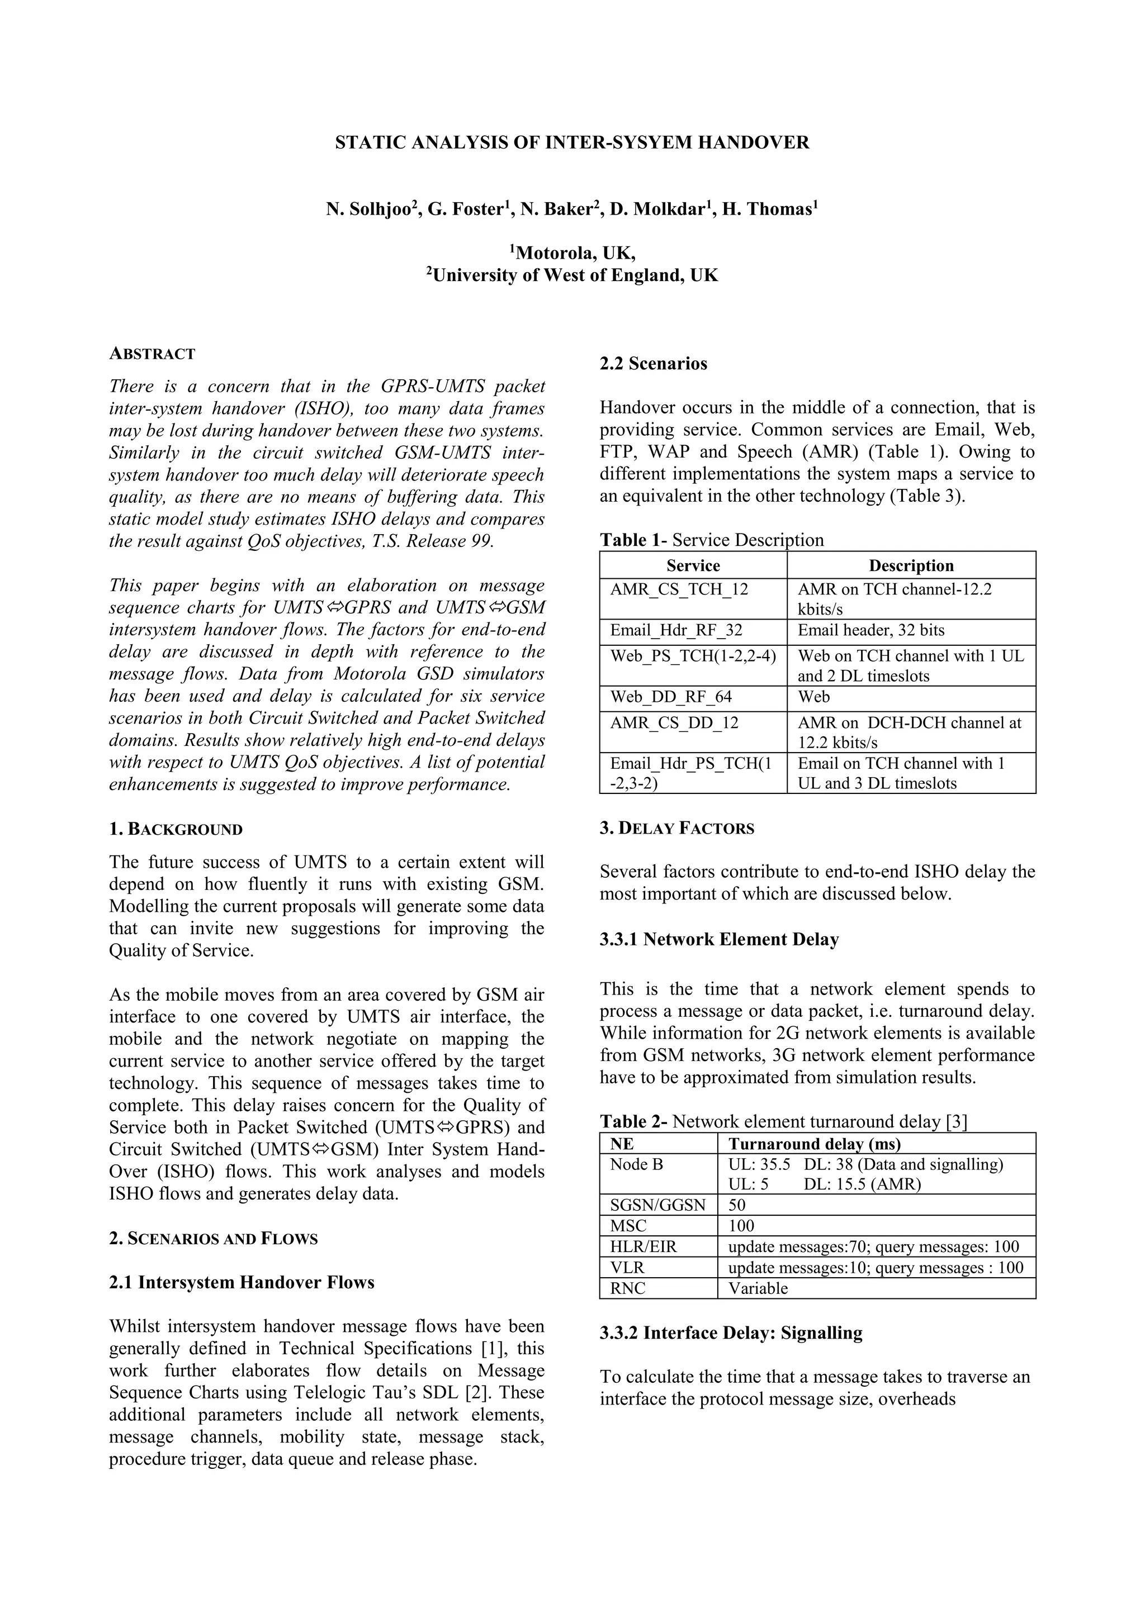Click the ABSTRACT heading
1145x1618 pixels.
coord(152,354)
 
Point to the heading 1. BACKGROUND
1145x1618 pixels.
coord(176,830)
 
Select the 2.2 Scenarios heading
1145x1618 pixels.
coord(653,364)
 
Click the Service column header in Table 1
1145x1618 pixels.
coord(693,565)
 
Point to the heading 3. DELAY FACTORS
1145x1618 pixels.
coord(677,829)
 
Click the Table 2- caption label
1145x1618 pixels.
coord(633,1121)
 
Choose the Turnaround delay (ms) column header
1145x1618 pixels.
coord(815,1144)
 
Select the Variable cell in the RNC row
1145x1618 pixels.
coord(758,1288)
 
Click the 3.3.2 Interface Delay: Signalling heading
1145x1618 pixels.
coord(731,1333)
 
